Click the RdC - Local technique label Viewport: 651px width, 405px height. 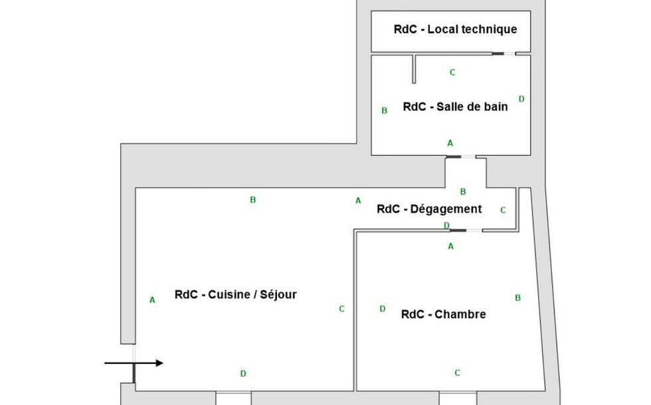(x=455, y=29)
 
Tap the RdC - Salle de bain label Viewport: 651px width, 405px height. (x=455, y=107)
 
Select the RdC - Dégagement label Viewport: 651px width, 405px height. (x=428, y=209)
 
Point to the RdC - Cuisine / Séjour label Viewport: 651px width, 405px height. (x=235, y=295)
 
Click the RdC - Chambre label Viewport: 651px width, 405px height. (x=443, y=315)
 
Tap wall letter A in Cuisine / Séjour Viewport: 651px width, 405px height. (x=152, y=300)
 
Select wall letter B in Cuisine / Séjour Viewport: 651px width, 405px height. (x=252, y=200)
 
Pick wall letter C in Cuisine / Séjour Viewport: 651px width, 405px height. (x=341, y=309)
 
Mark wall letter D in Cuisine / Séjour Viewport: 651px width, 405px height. (x=243, y=374)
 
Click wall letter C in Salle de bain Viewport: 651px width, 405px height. (x=452, y=72)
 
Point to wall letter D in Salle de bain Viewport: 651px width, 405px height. (x=521, y=99)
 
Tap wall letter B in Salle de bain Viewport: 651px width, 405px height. (x=384, y=111)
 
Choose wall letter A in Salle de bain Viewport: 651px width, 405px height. (x=450, y=143)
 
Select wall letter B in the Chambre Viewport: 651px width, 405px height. (x=518, y=298)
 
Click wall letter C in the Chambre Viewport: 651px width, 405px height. (x=457, y=373)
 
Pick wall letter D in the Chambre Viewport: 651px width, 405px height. (x=382, y=309)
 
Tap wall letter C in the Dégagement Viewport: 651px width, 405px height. (x=503, y=210)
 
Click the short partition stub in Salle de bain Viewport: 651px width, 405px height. (x=413, y=69)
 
